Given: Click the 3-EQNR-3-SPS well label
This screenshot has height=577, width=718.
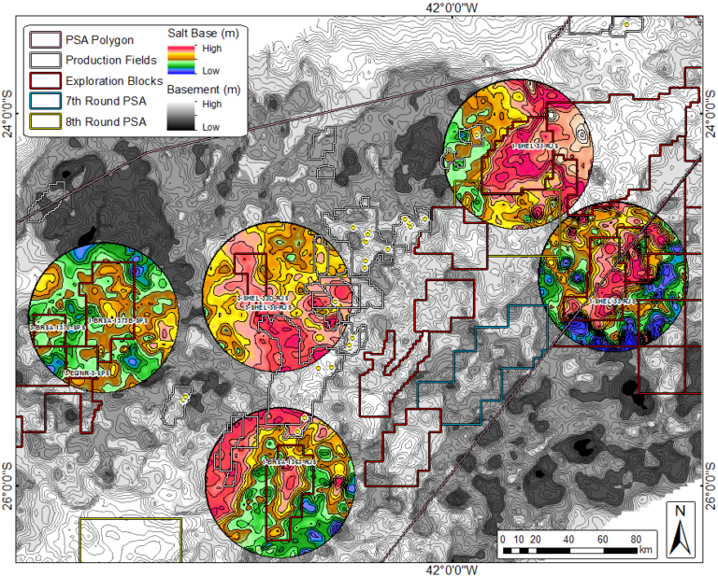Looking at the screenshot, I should (x=87, y=371).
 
